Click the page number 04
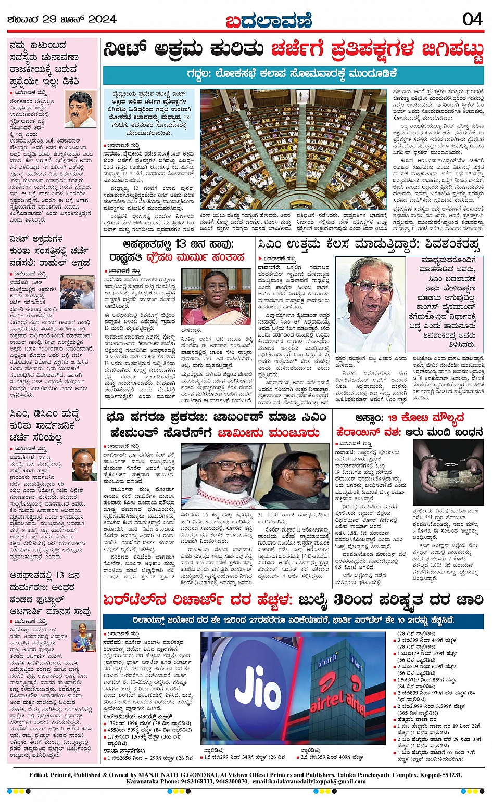pos(473,19)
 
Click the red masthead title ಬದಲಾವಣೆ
pos(269,20)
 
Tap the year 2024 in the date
pos(102,20)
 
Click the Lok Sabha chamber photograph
pos(293,149)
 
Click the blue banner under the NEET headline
pos(293,73)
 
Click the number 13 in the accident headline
pos(181,244)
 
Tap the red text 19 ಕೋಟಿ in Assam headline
pos(404,418)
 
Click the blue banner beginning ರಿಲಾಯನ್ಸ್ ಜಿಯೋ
pos(293,620)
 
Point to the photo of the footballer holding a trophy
pos(83,635)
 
